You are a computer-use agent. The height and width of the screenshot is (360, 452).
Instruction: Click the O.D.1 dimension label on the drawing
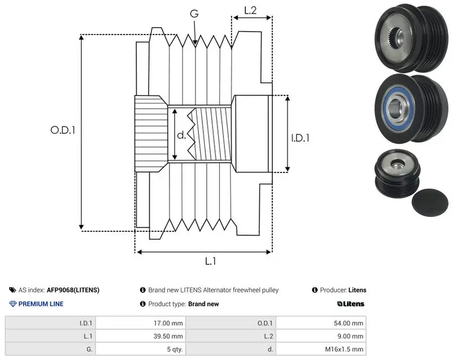pyautogui.click(x=63, y=131)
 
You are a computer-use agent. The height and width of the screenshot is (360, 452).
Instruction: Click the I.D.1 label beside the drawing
pyautogui.click(x=300, y=138)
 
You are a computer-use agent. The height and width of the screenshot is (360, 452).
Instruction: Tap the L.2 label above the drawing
pyautogui.click(x=250, y=10)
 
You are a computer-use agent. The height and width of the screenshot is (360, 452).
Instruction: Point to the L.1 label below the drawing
pyautogui.click(x=210, y=261)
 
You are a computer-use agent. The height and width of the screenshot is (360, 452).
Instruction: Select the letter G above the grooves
pyautogui.click(x=194, y=13)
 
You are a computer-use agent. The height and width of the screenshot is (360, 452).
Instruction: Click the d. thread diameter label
pyautogui.click(x=181, y=135)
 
